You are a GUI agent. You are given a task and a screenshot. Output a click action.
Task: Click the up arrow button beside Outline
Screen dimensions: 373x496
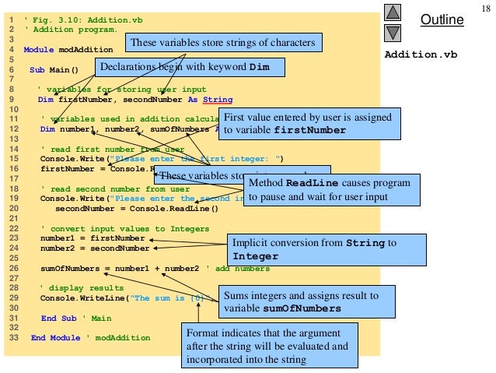(393, 12)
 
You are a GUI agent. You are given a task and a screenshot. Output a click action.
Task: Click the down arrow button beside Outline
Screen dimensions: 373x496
(393, 32)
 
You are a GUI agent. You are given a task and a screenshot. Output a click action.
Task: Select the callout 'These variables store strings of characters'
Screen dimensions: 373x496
(223, 43)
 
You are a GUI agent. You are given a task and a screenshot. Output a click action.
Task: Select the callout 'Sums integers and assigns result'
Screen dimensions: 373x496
(300, 302)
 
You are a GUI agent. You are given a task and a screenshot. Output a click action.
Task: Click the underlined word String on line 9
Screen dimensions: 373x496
(217, 100)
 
